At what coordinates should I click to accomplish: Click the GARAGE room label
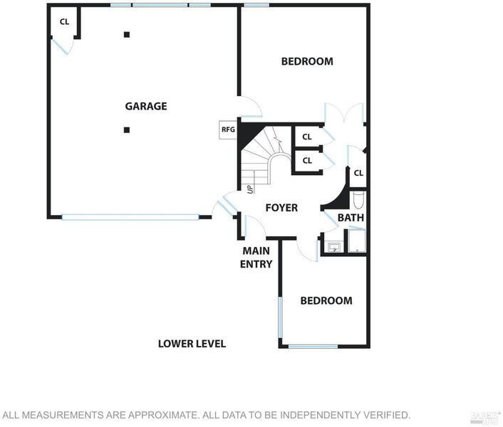click(x=146, y=106)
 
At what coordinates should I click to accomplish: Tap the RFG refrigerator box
click(x=228, y=130)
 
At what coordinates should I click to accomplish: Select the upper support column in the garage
click(x=127, y=35)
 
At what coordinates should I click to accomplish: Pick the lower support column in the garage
click(x=127, y=130)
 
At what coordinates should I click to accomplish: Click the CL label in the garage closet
click(x=65, y=22)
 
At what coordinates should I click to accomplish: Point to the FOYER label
click(x=281, y=208)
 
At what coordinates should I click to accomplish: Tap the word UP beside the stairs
click(x=250, y=189)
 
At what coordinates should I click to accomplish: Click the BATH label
click(x=351, y=218)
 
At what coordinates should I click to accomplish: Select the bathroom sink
click(x=335, y=247)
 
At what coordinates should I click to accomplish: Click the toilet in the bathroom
click(x=358, y=200)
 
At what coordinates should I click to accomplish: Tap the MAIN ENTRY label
click(x=256, y=257)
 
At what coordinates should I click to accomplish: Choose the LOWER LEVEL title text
click(x=192, y=344)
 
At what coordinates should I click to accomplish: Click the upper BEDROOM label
click(x=307, y=61)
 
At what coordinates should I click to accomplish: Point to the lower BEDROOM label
click(x=326, y=300)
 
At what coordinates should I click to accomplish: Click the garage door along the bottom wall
click(x=130, y=217)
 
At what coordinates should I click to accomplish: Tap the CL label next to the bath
click(x=358, y=173)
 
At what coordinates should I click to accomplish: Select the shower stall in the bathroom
click(x=356, y=241)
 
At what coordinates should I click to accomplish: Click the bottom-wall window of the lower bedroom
click(x=313, y=347)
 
